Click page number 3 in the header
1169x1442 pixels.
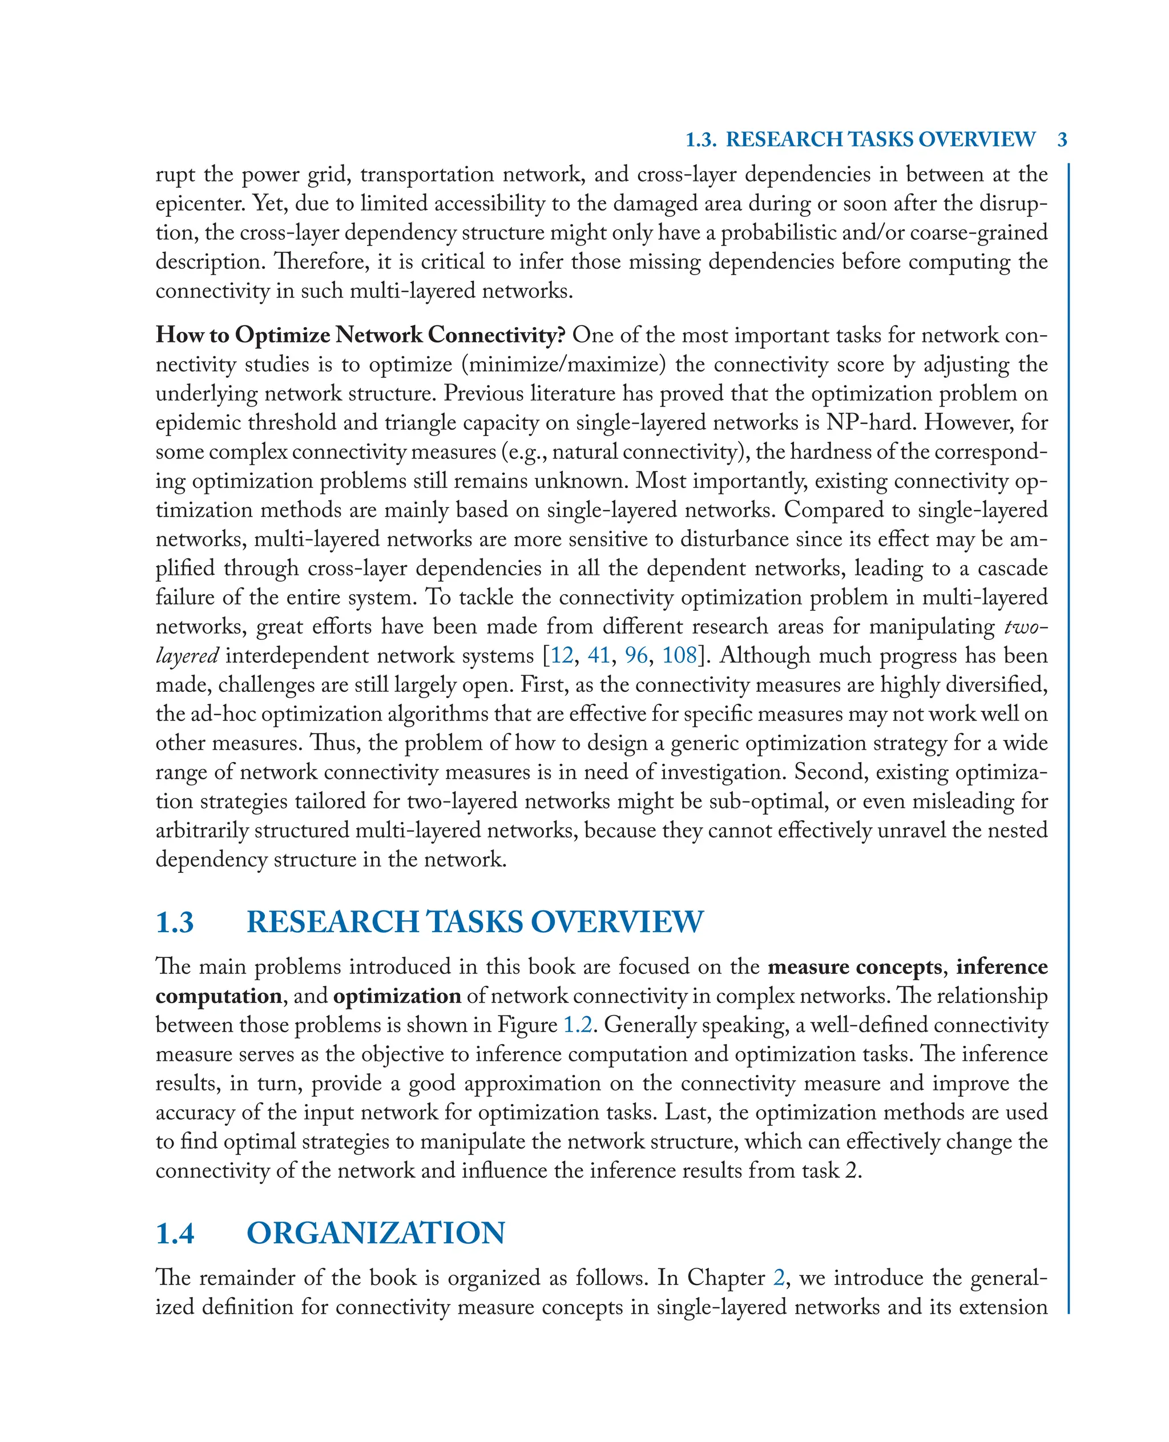pos(1062,139)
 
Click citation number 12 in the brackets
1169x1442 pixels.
pos(562,655)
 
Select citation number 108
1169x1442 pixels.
pos(679,655)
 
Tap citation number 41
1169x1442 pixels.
pos(599,655)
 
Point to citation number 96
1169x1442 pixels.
pos(636,655)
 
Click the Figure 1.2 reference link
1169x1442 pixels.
pos(578,1025)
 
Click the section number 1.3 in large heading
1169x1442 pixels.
pos(175,922)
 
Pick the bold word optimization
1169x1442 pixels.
pos(397,996)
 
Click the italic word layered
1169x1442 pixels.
pos(187,655)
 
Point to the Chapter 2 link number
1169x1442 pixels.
pos(779,1278)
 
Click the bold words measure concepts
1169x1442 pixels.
pos(854,966)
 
